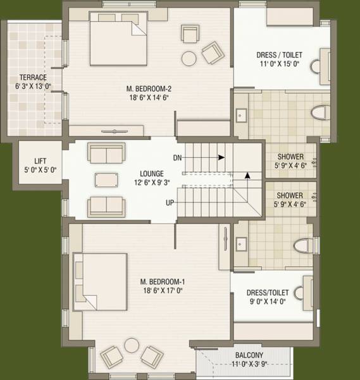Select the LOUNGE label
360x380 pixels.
tap(152, 173)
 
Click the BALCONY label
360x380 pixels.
tap(249, 355)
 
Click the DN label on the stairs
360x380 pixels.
tap(177, 157)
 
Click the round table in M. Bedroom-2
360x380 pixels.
tap(189, 58)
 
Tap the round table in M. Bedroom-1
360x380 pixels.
tap(132, 345)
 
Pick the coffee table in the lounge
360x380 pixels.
tap(106, 179)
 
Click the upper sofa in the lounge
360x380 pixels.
tap(106, 154)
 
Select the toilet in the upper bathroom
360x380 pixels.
tap(320, 113)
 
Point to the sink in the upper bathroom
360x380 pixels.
tap(242, 115)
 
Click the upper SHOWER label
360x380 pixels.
tap(290, 157)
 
